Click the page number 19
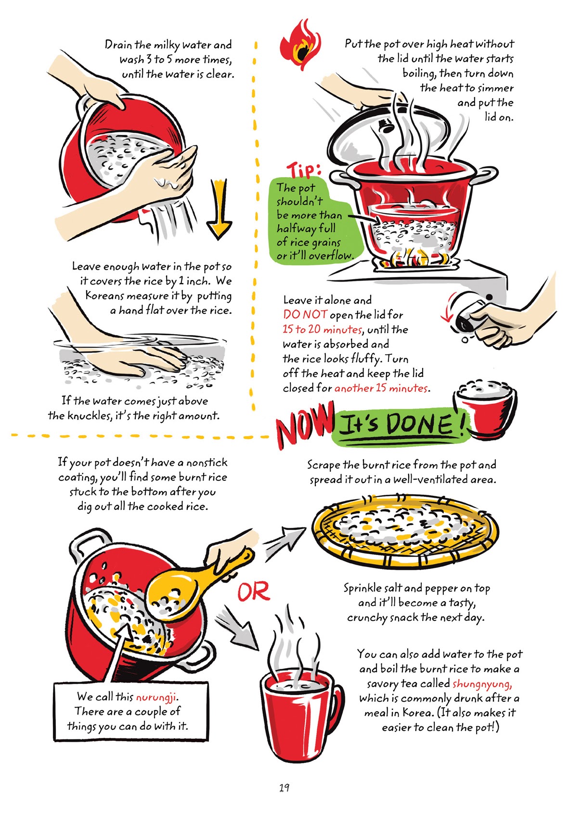click(284, 787)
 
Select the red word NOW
click(305, 425)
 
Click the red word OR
click(254, 592)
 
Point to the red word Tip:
click(304, 170)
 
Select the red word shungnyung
click(482, 684)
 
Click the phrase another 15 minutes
click(381, 388)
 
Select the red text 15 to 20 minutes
click(322, 330)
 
